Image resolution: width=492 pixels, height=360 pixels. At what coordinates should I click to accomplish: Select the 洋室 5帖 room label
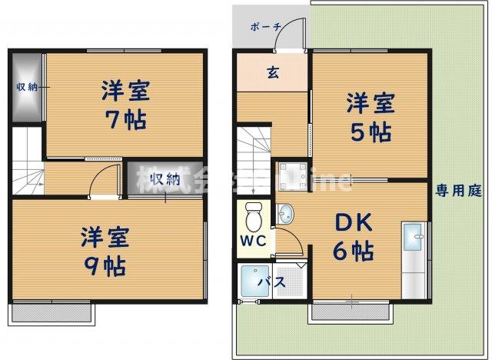(x=370, y=118)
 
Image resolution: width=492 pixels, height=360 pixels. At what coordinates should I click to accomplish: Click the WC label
(x=255, y=239)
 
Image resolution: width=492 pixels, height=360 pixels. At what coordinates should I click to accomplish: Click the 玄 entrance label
(x=272, y=74)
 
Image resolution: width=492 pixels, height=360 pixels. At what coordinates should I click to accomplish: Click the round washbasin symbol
(x=287, y=212)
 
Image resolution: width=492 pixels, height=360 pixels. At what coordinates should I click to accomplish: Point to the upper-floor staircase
(x=27, y=161)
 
